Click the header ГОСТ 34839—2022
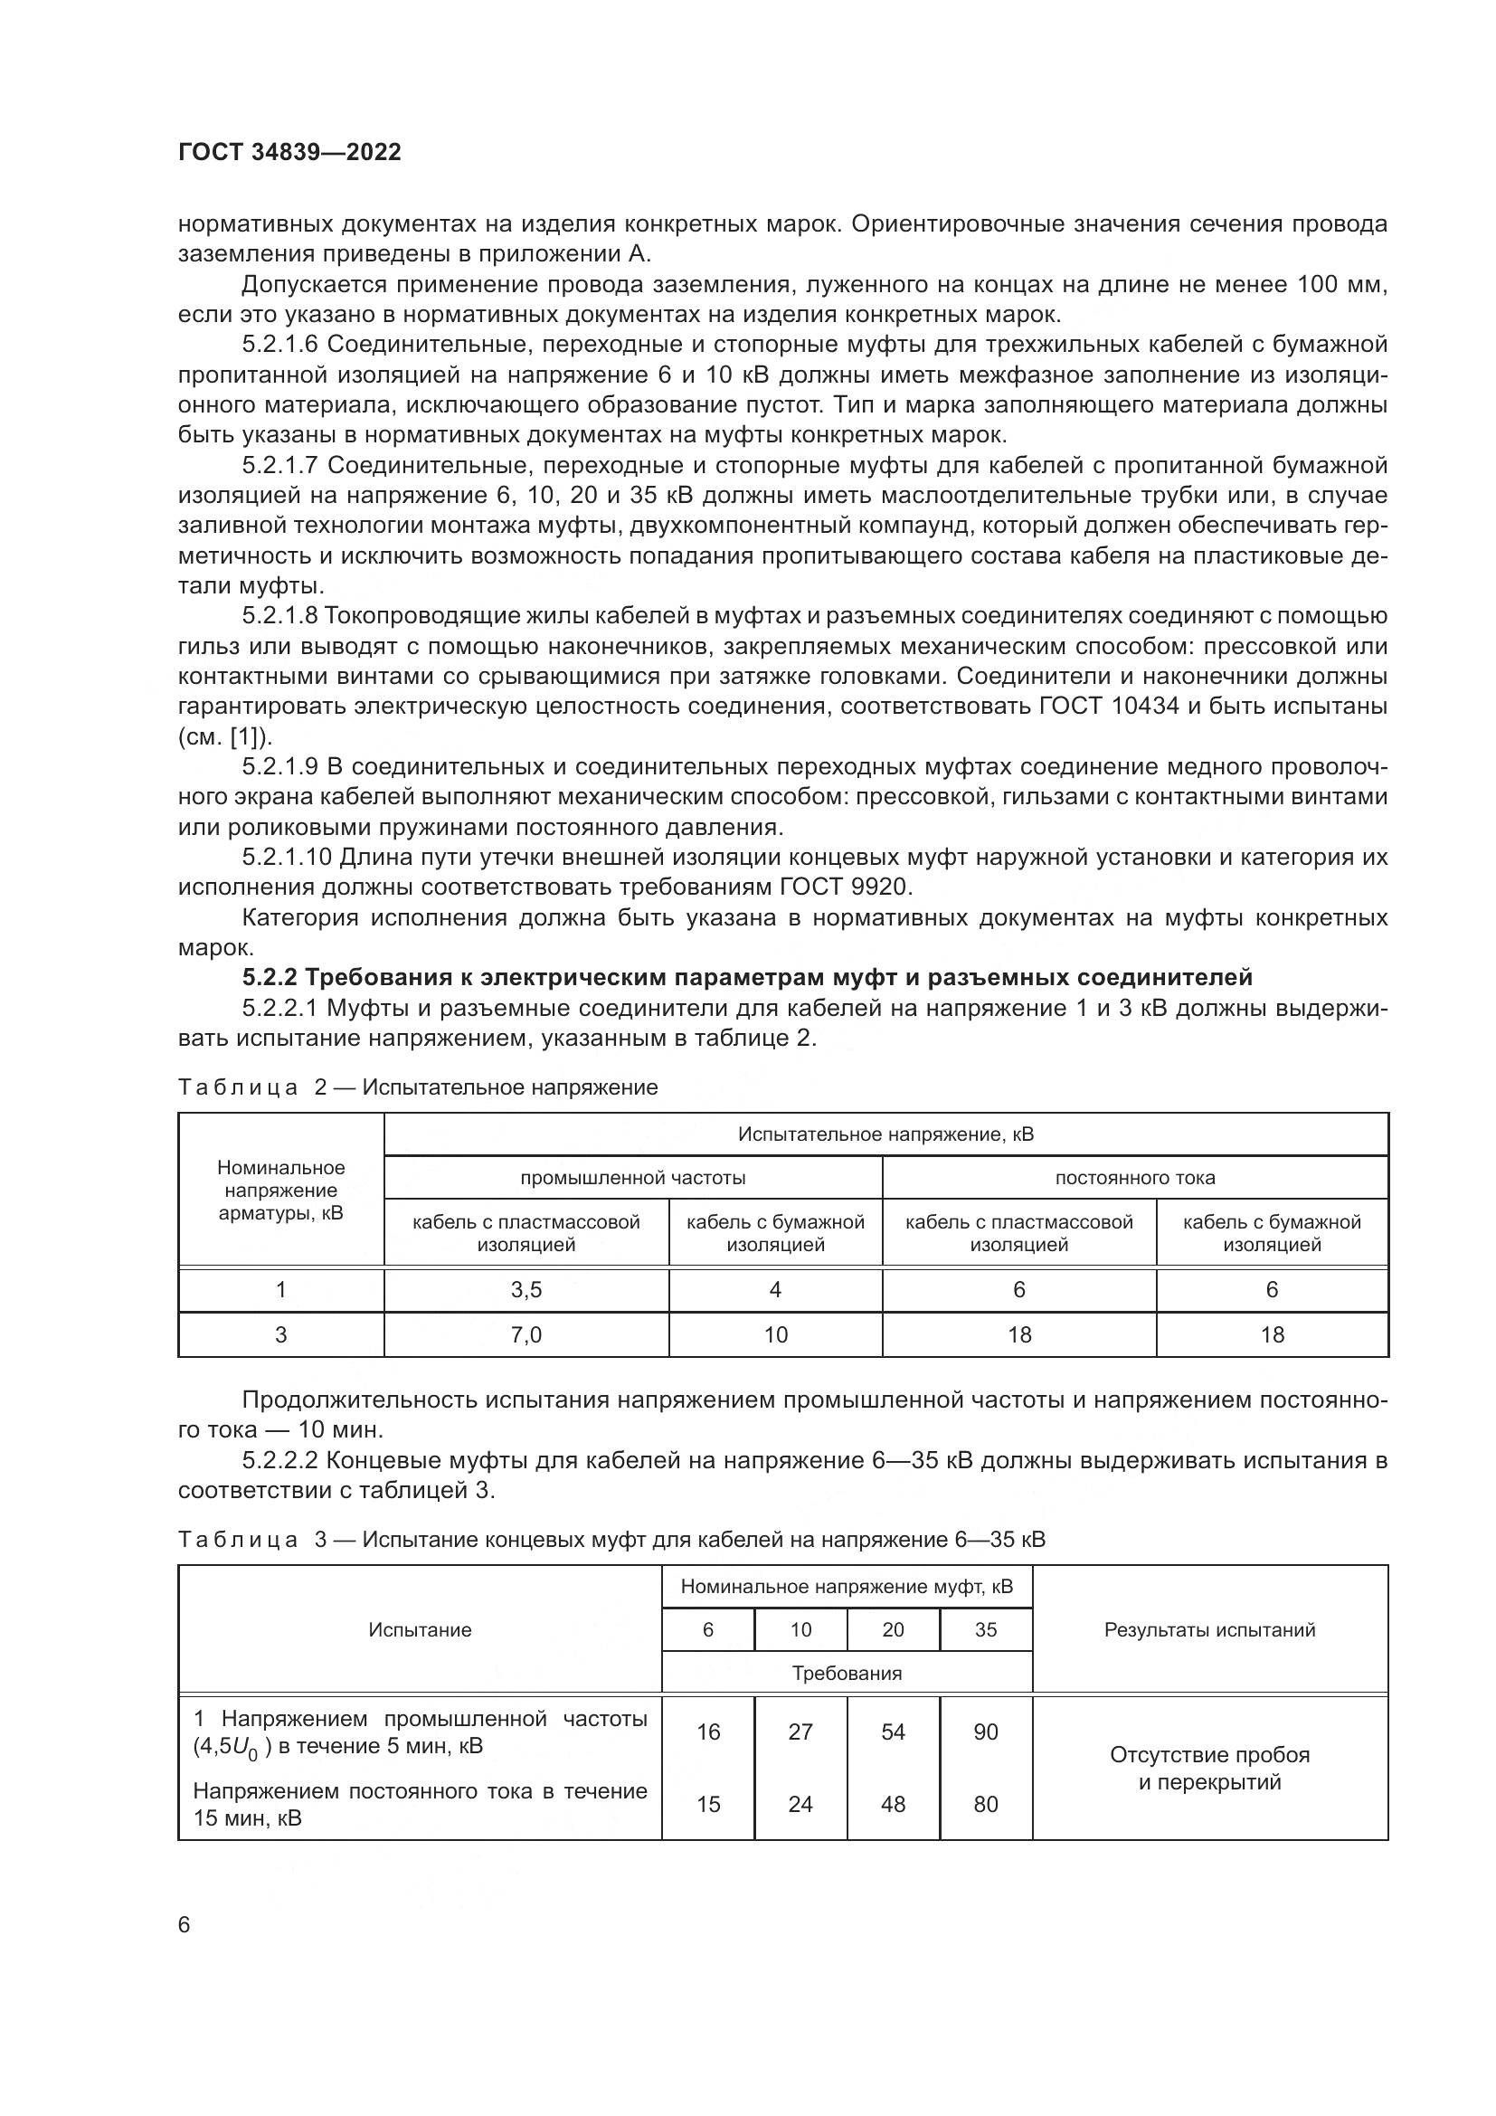pyautogui.click(x=289, y=153)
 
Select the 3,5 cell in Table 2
pyautogui.click(x=526, y=1289)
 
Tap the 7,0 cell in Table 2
pyautogui.click(x=526, y=1334)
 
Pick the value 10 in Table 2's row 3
pyautogui.click(x=776, y=1334)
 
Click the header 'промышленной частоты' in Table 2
pyautogui.click(x=633, y=1178)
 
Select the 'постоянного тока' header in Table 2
pyautogui.click(x=1135, y=1178)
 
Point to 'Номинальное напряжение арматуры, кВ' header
pyautogui.click(x=281, y=1190)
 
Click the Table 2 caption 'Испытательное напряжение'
pyautogui.click(x=510, y=1087)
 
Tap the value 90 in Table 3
pyautogui.click(x=986, y=1732)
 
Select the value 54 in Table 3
pyautogui.click(x=894, y=1732)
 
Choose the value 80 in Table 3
pyautogui.click(x=986, y=1804)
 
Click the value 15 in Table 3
pyautogui.click(x=708, y=1804)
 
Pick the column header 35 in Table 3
pyautogui.click(x=986, y=1629)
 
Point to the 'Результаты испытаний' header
pyautogui.click(x=1209, y=1629)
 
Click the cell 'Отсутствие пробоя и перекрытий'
pyautogui.click(x=1209, y=1768)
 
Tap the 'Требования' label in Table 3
pyautogui.click(x=847, y=1673)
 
